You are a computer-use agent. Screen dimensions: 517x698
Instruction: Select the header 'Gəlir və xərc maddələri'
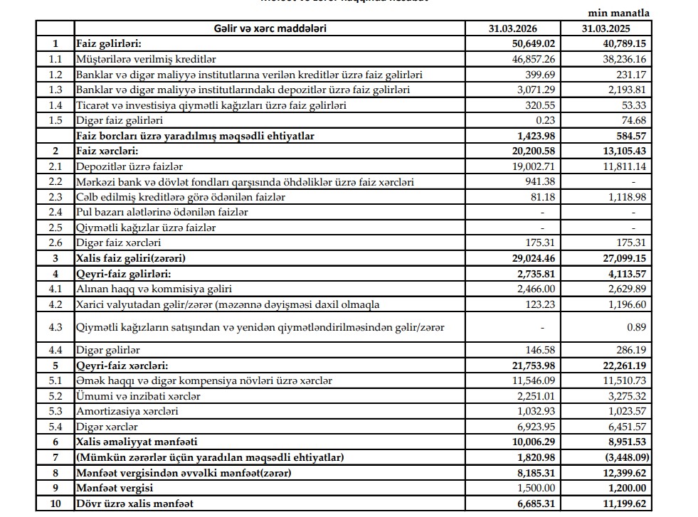[270, 29]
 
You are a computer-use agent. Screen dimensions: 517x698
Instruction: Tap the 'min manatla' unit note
[619, 13]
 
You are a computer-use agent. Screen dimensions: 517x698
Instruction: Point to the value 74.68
[634, 120]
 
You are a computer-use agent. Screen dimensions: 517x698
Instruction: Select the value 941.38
[539, 181]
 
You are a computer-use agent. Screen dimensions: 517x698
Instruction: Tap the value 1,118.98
[626, 197]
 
